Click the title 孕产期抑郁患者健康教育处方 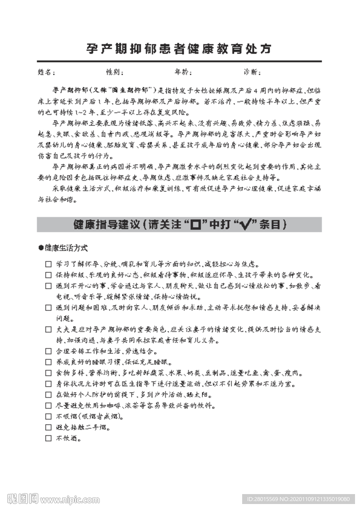[180, 49]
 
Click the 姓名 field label [46, 73]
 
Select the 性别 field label [115, 73]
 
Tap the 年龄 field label [183, 73]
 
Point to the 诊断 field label [252, 73]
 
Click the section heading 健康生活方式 [66, 248]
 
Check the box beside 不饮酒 [48, 438]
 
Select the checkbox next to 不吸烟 [48, 417]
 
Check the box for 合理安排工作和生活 [48, 351]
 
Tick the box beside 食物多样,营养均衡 [48, 373]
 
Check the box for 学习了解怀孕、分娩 [48, 264]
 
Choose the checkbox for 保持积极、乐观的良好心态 [48, 275]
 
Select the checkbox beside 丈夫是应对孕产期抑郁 [48, 330]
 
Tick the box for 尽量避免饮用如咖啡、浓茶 [48, 406]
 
